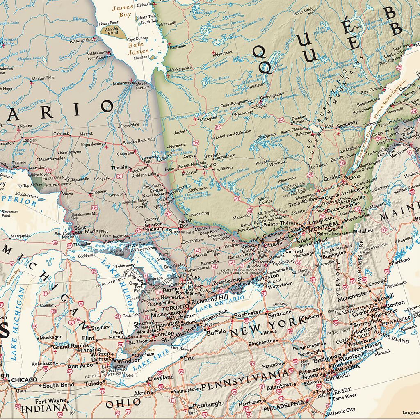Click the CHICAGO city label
(24, 379)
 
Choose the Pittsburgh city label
(207, 405)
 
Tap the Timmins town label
(120, 167)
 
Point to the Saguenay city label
(347, 123)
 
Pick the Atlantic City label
(342, 410)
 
